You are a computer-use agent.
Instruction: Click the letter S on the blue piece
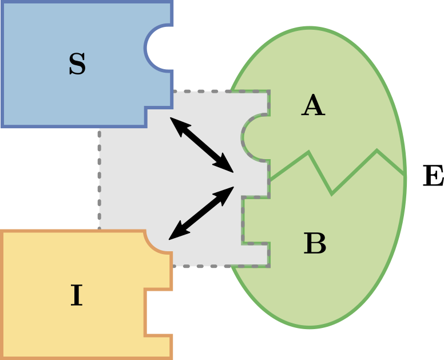(77, 65)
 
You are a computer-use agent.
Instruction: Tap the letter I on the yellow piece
(76, 296)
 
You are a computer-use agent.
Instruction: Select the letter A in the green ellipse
(313, 106)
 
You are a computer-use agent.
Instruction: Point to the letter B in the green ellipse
(315, 244)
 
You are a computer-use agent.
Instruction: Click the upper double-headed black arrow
(201, 145)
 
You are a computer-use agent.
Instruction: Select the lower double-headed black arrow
(201, 213)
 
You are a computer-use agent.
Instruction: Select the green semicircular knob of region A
(255, 137)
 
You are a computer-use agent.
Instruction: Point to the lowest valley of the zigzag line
(332, 193)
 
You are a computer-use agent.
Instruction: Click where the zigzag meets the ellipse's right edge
(405, 175)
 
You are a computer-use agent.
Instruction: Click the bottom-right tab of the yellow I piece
(160, 347)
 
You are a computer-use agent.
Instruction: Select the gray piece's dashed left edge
(100, 177)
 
